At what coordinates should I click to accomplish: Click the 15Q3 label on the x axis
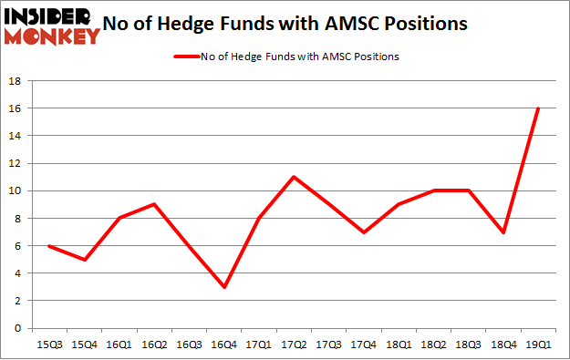point(48,345)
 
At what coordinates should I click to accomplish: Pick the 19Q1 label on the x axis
point(538,345)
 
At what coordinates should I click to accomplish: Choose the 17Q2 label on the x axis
point(293,345)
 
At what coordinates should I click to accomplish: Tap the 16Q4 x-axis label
point(223,345)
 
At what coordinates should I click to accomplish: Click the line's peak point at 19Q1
point(538,108)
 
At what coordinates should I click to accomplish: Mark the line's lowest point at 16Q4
point(223,287)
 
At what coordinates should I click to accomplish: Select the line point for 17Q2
point(293,177)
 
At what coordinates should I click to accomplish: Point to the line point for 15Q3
point(48,245)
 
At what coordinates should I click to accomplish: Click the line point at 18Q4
point(503,231)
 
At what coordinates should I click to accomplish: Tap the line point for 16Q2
point(153,204)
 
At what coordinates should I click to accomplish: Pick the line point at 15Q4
point(83,259)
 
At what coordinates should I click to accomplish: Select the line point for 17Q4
point(363,231)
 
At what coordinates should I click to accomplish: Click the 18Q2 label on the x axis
point(433,345)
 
